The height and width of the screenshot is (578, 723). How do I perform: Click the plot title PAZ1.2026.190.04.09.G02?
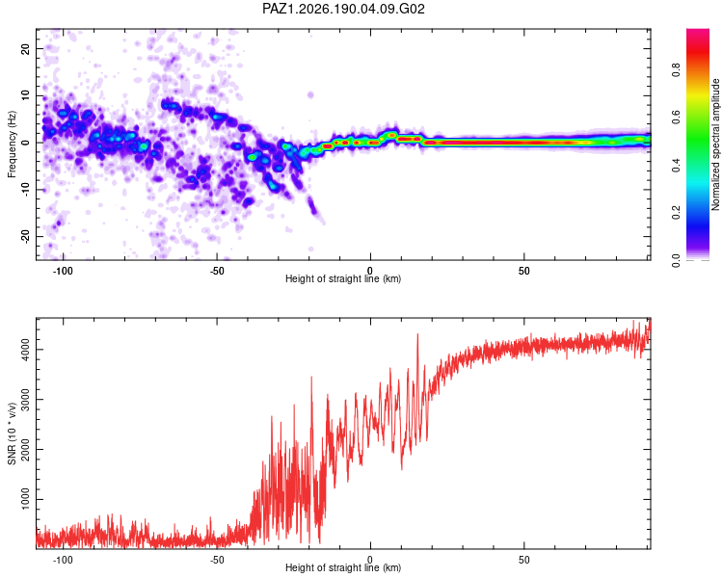(343, 9)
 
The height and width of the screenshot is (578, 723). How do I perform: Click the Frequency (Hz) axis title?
(12, 144)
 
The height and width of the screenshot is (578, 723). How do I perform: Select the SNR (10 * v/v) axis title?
(12, 433)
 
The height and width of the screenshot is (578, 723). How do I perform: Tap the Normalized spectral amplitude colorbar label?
(715, 144)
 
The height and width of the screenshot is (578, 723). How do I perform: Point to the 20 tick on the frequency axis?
(25, 48)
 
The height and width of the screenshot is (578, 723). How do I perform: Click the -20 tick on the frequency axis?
(25, 237)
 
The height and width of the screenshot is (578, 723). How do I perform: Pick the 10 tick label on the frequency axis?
(25, 95)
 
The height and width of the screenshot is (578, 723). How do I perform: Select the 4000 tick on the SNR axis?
(25, 350)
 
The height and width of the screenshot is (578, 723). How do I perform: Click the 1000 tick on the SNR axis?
(25, 500)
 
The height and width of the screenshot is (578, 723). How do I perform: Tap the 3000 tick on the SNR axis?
(25, 400)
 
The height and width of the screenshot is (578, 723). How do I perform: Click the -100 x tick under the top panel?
(63, 271)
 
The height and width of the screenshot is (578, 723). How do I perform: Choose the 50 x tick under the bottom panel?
(523, 560)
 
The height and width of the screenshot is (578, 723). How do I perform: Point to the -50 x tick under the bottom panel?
(217, 560)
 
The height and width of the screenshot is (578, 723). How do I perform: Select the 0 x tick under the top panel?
(370, 271)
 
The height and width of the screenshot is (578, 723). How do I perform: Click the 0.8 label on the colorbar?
(676, 70)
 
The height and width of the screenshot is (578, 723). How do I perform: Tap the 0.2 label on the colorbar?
(676, 213)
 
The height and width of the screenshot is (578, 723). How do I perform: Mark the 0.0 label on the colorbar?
(676, 260)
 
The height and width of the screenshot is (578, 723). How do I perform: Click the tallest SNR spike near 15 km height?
(417, 335)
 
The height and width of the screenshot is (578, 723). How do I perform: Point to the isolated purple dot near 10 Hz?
(310, 95)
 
